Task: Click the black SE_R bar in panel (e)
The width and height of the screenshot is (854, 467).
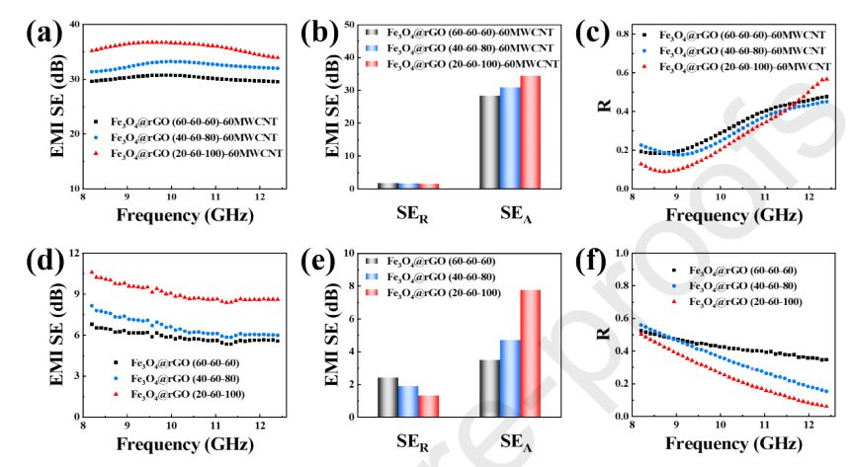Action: coord(388,396)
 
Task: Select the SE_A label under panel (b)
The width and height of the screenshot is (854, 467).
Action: coord(510,215)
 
